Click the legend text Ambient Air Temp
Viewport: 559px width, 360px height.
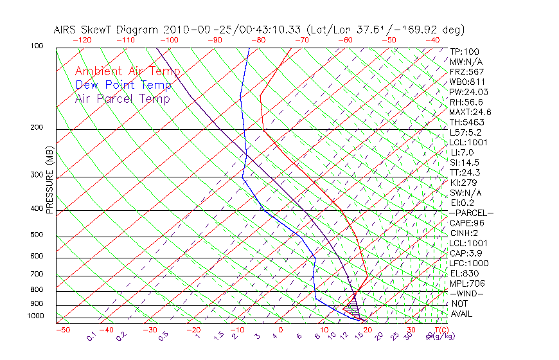click(127, 71)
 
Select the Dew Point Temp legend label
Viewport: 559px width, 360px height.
click(123, 85)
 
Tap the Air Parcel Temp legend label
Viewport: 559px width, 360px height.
click(122, 98)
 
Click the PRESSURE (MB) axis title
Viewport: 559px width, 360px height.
click(50, 181)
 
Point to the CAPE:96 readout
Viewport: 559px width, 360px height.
click(466, 223)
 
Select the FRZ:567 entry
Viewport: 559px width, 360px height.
click(467, 71)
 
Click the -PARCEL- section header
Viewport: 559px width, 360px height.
click(471, 213)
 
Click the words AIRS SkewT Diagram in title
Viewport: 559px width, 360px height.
click(107, 30)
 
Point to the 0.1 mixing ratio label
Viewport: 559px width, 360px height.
click(91, 336)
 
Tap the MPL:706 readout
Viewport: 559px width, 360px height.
click(467, 283)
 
